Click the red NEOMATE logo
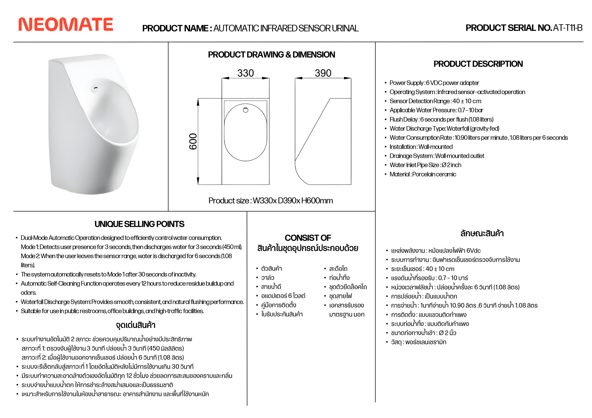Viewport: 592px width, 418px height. click(66, 24)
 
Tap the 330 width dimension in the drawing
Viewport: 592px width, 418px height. click(245, 73)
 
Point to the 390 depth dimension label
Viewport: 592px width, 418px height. click(323, 73)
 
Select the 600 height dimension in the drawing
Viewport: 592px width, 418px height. click(193, 141)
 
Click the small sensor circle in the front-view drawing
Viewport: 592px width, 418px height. click(245, 110)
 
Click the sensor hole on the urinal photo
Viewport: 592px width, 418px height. click(96, 88)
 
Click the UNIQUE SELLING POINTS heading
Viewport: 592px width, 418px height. click(139, 224)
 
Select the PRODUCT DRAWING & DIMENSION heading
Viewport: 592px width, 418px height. click(271, 55)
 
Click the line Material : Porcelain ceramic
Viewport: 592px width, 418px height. click(423, 174)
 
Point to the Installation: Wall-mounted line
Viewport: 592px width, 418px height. click(421, 147)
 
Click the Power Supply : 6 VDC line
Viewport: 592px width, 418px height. click(434, 83)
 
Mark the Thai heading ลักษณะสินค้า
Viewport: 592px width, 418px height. click(482, 234)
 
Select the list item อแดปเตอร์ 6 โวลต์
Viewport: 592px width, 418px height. click(283, 296)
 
